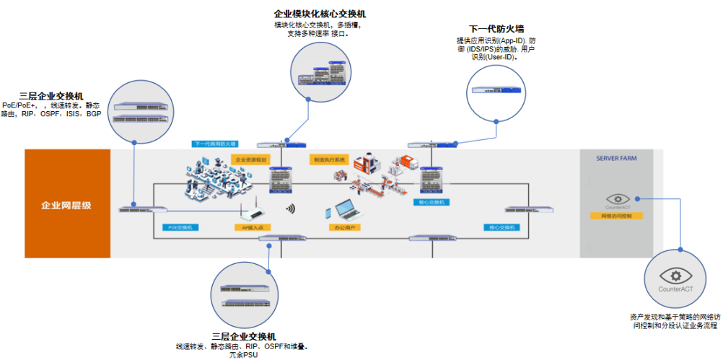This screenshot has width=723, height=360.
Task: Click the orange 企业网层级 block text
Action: coord(66,205)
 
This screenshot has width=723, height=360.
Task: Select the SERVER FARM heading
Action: coord(615,158)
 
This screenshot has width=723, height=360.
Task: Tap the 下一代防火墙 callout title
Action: coord(496,29)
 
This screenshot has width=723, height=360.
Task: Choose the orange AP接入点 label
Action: coord(253,227)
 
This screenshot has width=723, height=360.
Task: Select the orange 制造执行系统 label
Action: coord(329,159)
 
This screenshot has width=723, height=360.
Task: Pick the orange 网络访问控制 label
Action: coord(616,216)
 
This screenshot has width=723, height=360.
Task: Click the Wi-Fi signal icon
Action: coord(290,209)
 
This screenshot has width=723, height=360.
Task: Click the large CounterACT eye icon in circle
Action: coord(675,276)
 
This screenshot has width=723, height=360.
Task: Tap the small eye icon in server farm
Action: coord(617,198)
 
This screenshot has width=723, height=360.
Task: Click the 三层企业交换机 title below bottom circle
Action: coord(243,337)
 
